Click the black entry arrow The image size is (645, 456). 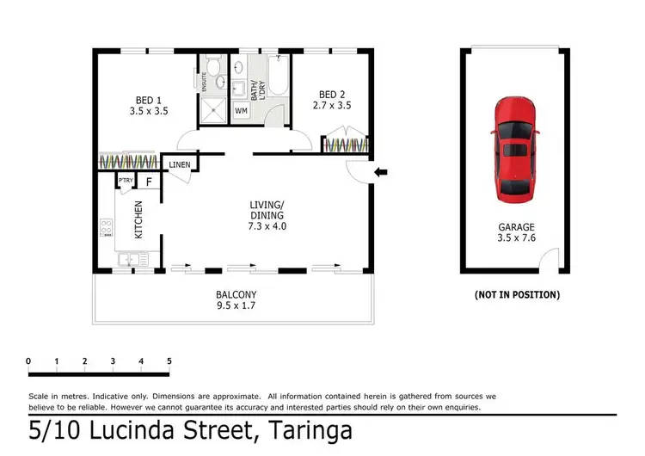(381, 173)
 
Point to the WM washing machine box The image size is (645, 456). (241, 111)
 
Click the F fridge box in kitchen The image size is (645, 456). (148, 182)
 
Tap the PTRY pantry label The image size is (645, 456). (125, 181)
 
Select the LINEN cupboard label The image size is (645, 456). (180, 164)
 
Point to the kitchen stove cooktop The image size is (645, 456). (107, 228)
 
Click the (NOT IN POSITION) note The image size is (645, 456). (517, 294)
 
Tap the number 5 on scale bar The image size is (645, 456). (169, 360)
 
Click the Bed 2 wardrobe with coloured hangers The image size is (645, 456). (347, 143)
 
